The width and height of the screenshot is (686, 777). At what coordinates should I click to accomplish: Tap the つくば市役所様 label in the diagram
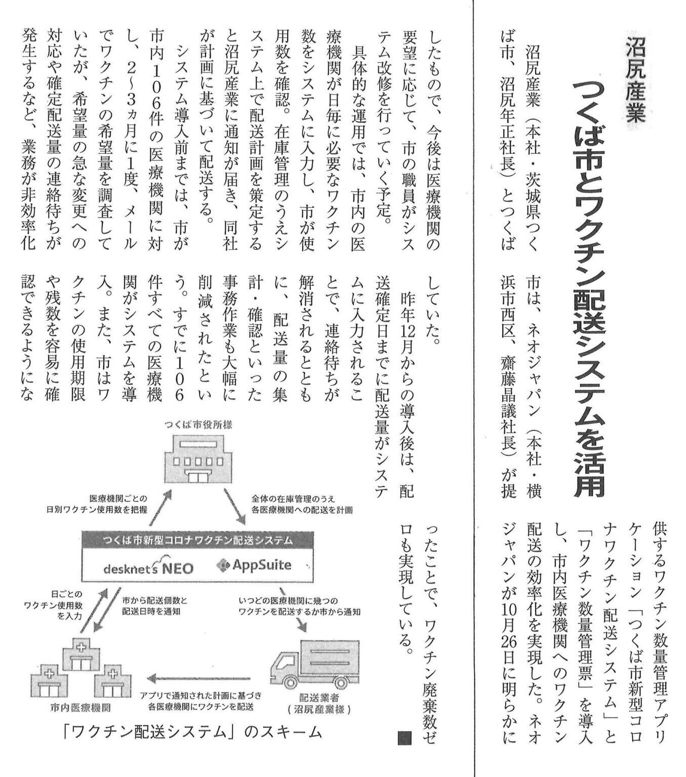(x=198, y=424)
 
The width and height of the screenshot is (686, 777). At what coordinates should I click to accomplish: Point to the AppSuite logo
(x=254, y=565)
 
